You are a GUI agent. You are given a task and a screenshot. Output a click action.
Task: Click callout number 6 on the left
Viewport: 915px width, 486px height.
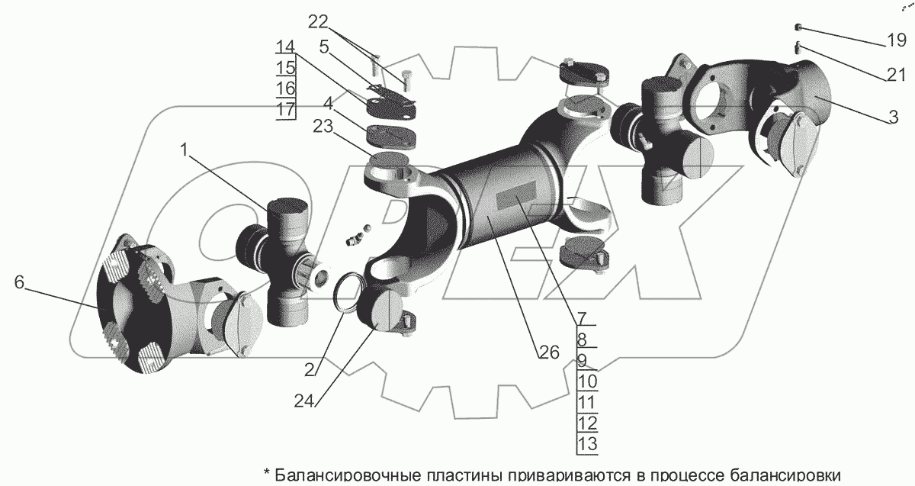tap(20, 283)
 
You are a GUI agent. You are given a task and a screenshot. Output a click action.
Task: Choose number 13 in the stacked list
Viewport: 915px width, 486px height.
tap(587, 443)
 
